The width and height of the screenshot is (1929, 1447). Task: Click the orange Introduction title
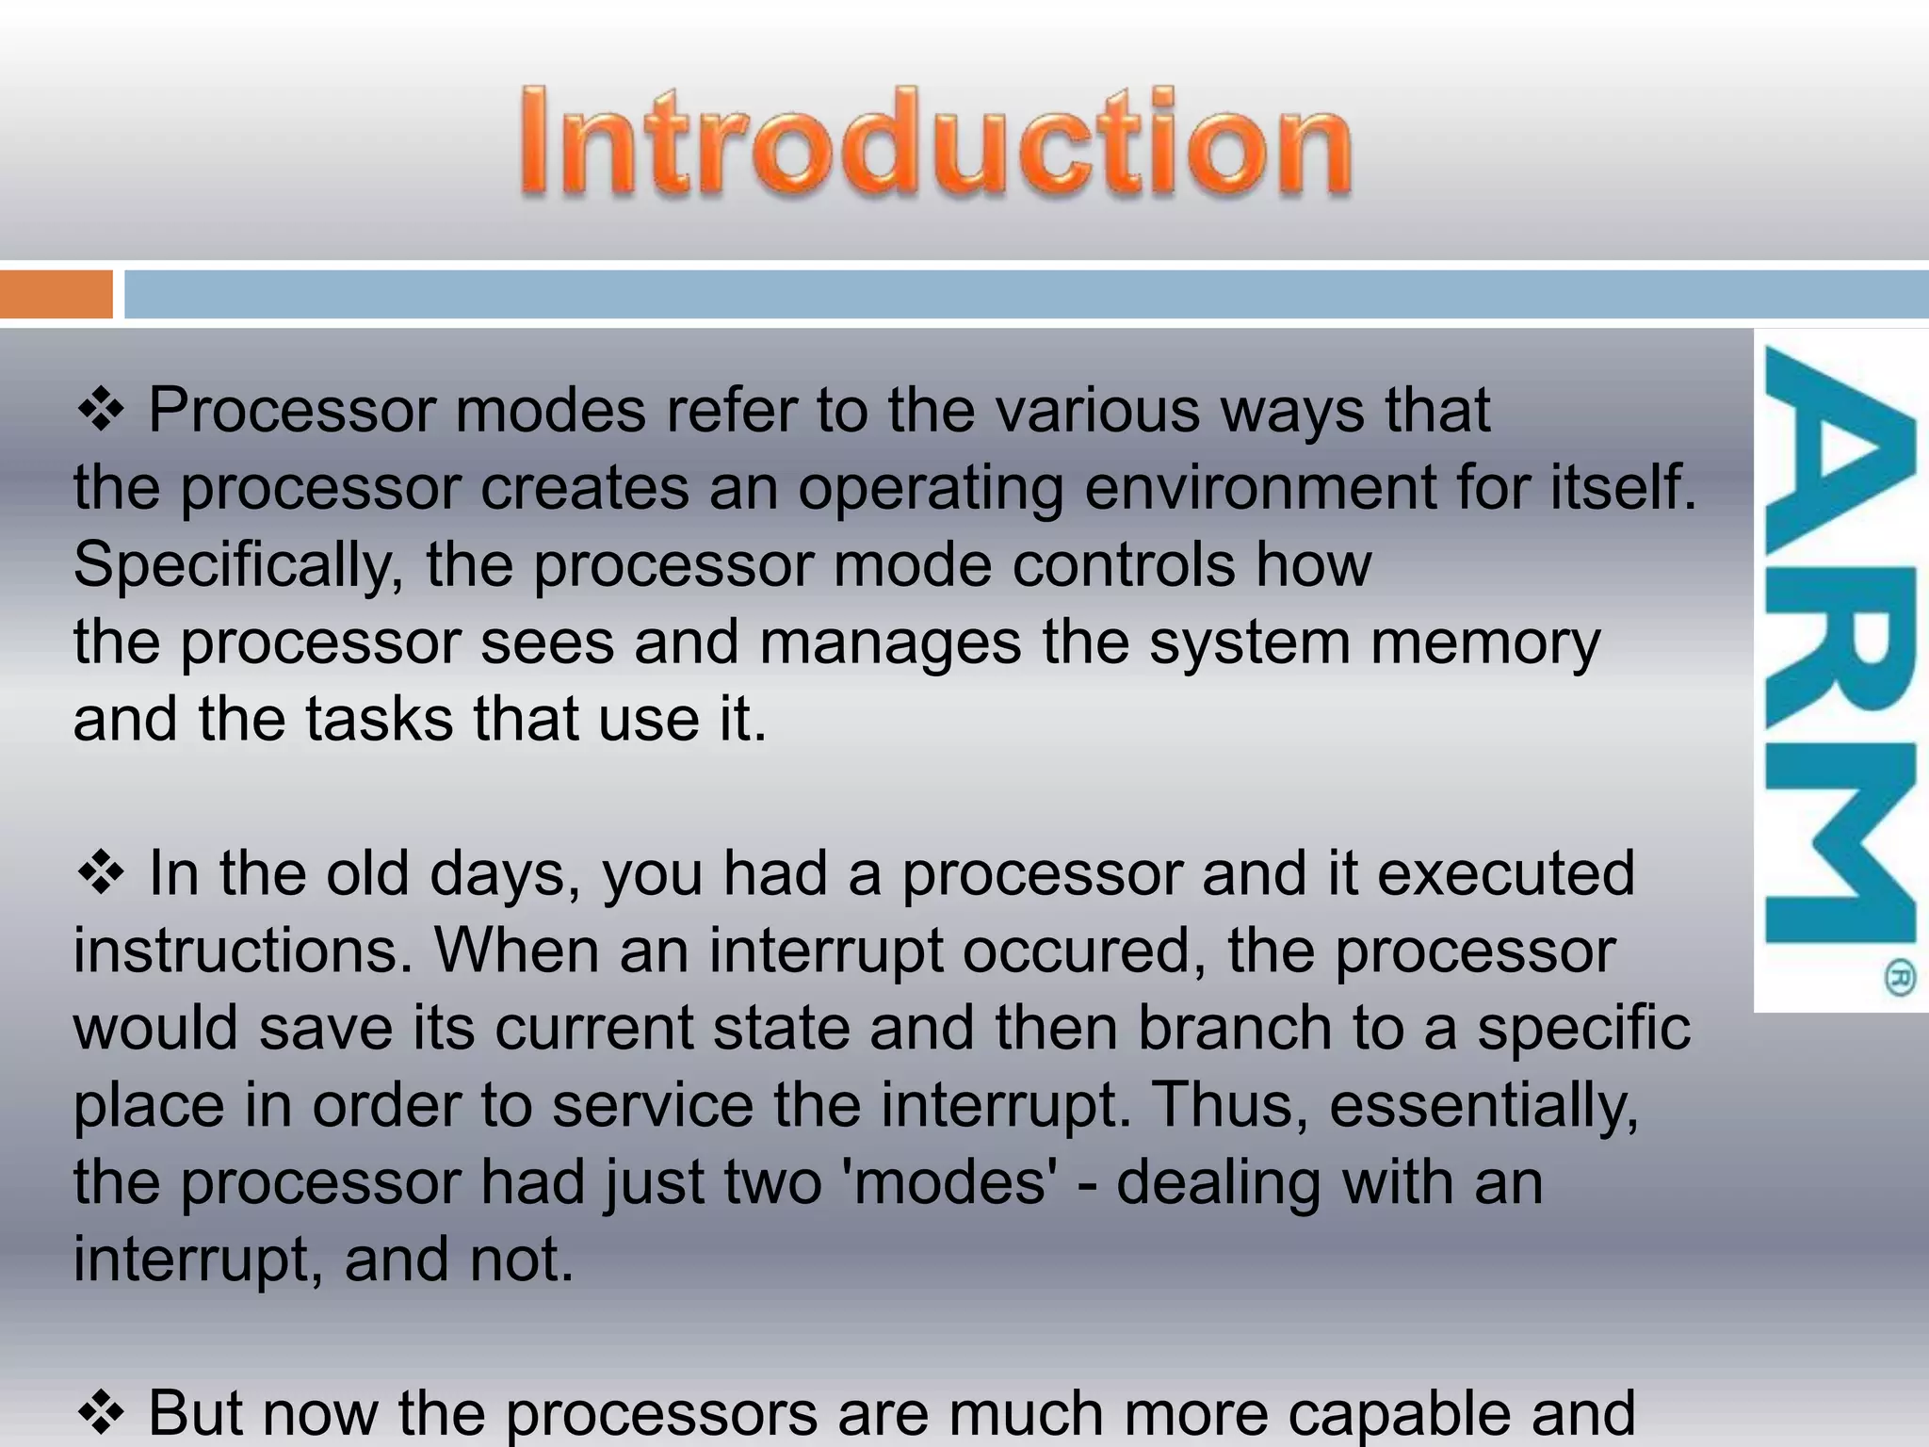pyautogui.click(x=935, y=143)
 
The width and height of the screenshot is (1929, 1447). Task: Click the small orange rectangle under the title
pyautogui.click(x=56, y=294)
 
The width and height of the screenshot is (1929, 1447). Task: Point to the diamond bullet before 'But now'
pyautogui.click(x=101, y=1413)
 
